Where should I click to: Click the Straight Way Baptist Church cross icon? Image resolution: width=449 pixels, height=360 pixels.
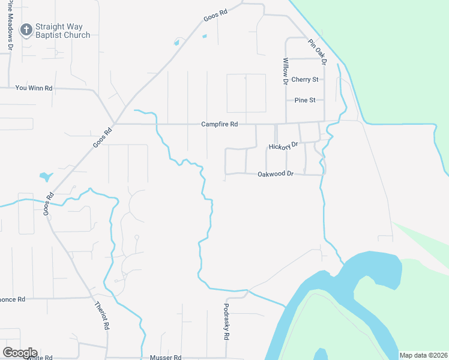pos(26,29)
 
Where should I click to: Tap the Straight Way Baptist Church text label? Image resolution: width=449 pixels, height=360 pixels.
pos(62,31)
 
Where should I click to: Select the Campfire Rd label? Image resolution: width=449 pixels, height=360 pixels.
pos(219,124)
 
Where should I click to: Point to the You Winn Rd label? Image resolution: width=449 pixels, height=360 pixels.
pos(34,88)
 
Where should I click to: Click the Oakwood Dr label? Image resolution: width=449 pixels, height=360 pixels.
pos(275,174)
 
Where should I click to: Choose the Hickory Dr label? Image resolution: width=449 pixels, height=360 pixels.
pos(283,146)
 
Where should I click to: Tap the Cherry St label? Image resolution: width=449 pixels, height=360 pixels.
pos(304,79)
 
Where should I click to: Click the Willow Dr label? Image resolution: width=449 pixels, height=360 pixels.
pos(286,70)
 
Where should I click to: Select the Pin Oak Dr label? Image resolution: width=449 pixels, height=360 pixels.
pos(316,52)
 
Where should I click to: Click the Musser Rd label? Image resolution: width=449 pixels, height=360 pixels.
pos(165,358)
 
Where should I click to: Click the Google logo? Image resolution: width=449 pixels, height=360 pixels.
pos(20,352)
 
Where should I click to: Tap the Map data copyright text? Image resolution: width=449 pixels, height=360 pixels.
pos(423,355)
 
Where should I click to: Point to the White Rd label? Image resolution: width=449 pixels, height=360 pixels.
pos(40,358)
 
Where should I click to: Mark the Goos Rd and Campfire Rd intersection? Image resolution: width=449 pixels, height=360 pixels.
pos(116,124)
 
